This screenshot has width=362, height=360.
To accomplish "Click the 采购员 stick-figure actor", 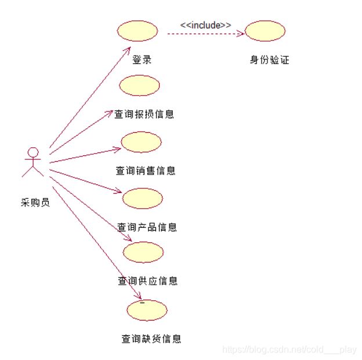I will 33,162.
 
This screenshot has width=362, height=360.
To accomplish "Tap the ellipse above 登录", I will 137,31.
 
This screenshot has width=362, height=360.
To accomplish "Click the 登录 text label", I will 142,60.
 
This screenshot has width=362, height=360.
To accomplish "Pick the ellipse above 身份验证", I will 265,31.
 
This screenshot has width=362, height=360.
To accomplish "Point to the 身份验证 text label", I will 269,60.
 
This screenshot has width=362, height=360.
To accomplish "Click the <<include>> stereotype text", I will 205,25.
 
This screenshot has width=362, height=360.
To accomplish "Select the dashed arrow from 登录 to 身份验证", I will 203,34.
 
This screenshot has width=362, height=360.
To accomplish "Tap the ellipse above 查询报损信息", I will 139,85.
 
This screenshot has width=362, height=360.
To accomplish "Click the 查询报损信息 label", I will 144,114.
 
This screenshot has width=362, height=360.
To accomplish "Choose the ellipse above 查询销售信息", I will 141,141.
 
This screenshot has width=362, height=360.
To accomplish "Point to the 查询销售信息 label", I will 146,170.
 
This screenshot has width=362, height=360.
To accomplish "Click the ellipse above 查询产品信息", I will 143,198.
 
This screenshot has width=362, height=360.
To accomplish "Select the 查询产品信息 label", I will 147,227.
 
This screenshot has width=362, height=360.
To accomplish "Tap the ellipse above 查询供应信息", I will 143,252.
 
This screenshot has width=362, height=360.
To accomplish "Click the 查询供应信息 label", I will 148,281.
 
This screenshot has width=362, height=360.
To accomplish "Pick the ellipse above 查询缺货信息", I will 147,311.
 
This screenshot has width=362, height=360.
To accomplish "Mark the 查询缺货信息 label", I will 151,339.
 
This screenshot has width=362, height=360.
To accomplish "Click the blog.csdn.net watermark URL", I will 289,350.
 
